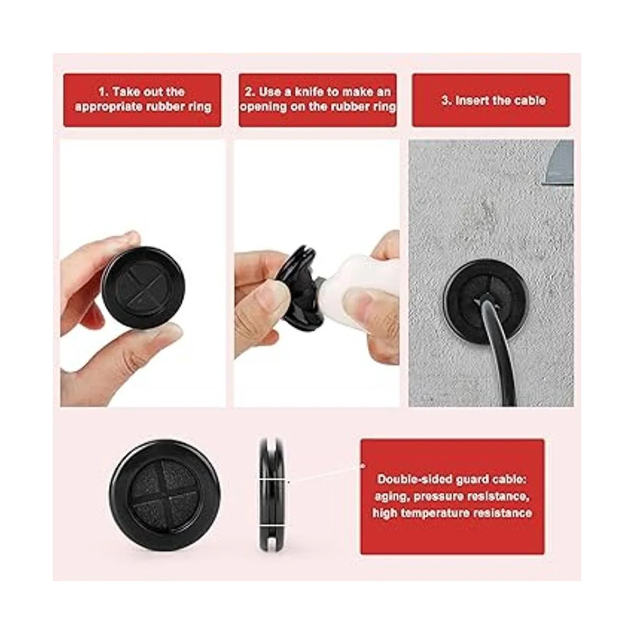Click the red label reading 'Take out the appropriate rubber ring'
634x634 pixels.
click(142, 100)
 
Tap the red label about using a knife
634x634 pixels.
click(318, 100)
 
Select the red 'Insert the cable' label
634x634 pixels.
click(491, 100)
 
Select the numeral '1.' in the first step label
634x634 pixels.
click(104, 92)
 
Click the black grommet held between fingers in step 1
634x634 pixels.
click(144, 287)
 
